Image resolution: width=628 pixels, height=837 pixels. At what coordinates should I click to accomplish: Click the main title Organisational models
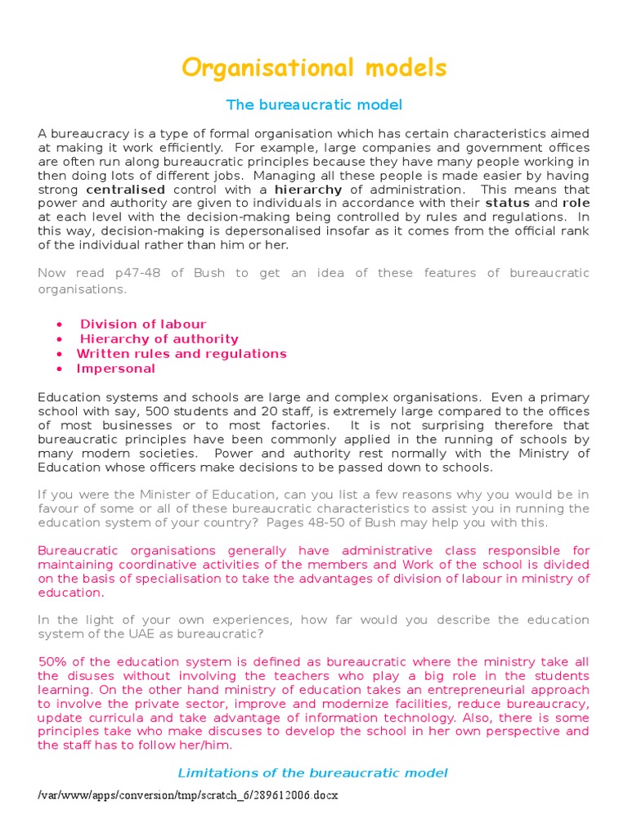314,68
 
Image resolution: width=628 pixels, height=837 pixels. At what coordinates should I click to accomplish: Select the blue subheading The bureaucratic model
314,105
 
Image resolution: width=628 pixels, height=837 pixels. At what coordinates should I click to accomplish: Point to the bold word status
507,203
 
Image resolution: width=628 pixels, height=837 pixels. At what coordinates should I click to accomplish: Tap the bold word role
576,203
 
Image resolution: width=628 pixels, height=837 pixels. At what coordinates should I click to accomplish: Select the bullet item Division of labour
143,325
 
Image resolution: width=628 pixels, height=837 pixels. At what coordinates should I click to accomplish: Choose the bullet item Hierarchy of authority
159,339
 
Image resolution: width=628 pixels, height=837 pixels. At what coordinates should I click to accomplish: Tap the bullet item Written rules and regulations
182,354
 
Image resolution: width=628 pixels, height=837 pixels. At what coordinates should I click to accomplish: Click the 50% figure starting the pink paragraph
54,662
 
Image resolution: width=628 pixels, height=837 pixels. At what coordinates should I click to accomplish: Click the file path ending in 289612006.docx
188,795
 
